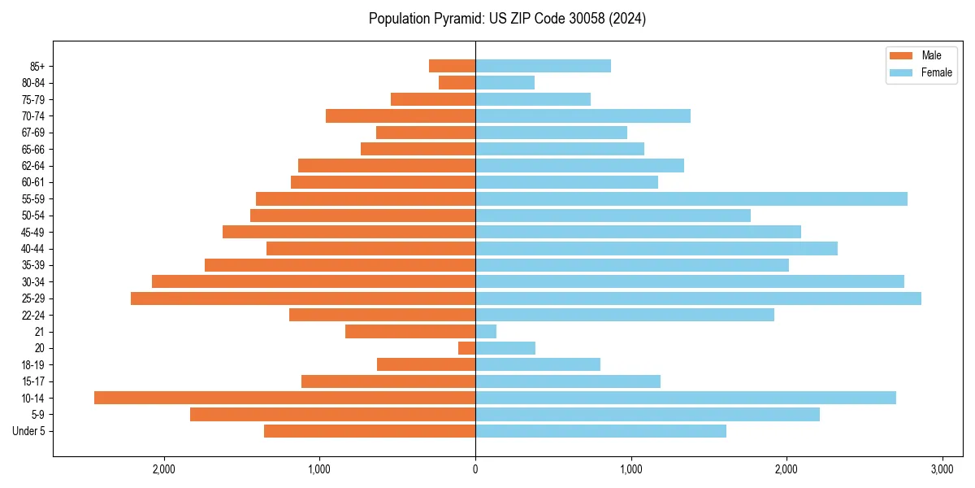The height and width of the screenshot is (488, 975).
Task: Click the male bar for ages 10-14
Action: (284, 398)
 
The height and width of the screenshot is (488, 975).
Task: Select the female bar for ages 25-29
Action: (698, 298)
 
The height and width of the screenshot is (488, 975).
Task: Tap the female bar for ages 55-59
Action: (691, 199)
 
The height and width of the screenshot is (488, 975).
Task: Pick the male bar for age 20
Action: (467, 348)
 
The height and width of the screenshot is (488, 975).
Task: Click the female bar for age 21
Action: (486, 332)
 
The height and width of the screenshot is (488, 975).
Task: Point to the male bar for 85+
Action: (453, 66)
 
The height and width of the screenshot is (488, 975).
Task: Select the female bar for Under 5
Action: (600, 431)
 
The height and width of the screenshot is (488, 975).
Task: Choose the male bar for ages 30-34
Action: (314, 281)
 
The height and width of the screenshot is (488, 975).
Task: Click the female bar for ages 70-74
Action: (583, 116)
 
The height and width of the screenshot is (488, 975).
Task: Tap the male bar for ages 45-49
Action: (349, 232)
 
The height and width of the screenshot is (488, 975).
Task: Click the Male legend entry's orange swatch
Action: (901, 55)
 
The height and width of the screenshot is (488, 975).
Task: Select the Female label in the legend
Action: (936, 72)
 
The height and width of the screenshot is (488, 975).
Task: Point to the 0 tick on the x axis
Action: (475, 469)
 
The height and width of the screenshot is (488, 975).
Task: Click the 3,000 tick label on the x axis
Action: (942, 469)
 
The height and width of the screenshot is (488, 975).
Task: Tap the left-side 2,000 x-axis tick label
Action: (164, 469)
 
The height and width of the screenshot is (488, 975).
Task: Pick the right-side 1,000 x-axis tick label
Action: (630, 469)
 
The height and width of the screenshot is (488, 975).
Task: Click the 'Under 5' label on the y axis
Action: (29, 431)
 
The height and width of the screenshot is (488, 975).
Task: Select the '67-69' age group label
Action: (33, 133)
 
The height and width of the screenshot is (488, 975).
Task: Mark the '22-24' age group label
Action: (33, 315)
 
